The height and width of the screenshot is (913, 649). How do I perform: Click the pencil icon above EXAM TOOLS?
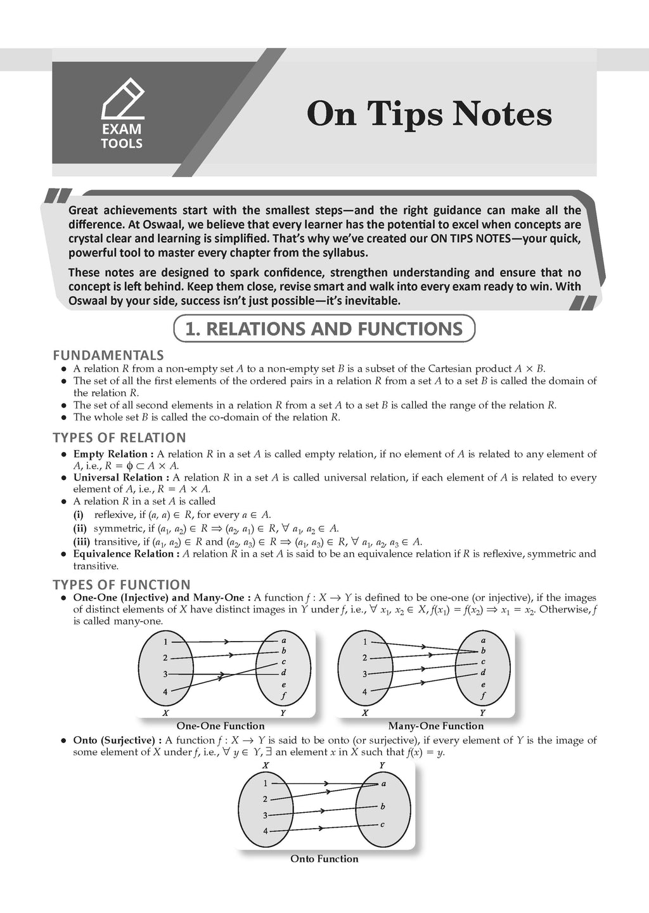(x=123, y=100)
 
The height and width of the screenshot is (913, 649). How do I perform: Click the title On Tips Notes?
(x=429, y=115)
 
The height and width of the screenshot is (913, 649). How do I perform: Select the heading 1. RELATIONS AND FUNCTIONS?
(x=324, y=329)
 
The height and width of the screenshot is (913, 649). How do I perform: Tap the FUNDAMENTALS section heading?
(x=108, y=355)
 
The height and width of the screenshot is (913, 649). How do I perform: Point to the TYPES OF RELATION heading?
(x=119, y=437)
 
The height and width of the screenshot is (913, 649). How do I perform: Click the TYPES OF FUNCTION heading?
(x=121, y=585)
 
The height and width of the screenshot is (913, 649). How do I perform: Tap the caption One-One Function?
(x=220, y=726)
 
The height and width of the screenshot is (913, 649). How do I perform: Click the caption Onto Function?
(x=324, y=858)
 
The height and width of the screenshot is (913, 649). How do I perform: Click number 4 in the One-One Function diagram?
(x=165, y=692)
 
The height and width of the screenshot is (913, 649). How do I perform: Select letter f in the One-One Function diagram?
(x=283, y=696)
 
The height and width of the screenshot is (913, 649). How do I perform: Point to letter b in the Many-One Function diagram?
(x=483, y=651)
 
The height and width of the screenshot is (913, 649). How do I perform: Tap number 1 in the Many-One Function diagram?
(x=364, y=642)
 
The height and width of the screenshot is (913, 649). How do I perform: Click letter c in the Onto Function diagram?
(x=382, y=824)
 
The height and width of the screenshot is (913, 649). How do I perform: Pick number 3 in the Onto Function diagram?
(x=266, y=815)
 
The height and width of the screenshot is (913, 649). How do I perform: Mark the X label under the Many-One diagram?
(x=365, y=713)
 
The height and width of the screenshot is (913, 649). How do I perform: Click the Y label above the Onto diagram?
(x=382, y=765)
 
